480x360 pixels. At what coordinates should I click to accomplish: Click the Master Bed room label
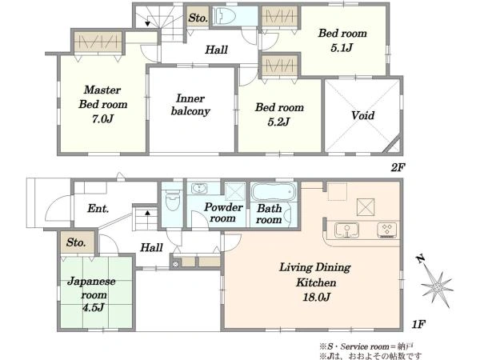pyautogui.click(x=103, y=98)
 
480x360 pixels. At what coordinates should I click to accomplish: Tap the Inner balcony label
pyautogui.click(x=190, y=105)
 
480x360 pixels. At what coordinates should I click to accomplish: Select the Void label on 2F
pyautogui.click(x=362, y=115)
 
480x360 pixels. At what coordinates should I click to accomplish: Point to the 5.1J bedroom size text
pyautogui.click(x=342, y=48)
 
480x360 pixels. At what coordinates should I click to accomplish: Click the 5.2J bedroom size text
pyautogui.click(x=278, y=122)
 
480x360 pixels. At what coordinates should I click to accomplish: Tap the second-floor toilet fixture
pyautogui.click(x=224, y=16)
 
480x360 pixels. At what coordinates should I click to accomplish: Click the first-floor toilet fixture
pyautogui.click(x=172, y=200)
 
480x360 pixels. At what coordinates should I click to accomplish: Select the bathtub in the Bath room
pyautogui.click(x=274, y=192)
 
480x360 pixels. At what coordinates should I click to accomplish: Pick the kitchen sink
pyautogui.click(x=346, y=230)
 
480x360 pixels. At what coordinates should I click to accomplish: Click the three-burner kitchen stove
pyautogui.click(x=387, y=230)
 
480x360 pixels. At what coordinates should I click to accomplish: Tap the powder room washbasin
pyautogui.click(x=199, y=188)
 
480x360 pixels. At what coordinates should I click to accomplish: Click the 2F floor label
pyautogui.click(x=398, y=167)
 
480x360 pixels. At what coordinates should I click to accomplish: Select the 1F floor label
pyautogui.click(x=418, y=324)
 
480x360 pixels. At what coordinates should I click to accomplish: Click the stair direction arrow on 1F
pyautogui.click(x=147, y=212)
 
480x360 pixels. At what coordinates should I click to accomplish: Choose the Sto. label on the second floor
pyautogui.click(x=198, y=18)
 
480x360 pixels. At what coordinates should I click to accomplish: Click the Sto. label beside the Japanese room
pyautogui.click(x=76, y=242)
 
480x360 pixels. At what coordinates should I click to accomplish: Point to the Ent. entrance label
pyautogui.click(x=98, y=209)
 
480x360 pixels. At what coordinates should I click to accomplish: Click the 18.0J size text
pyautogui.click(x=317, y=297)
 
